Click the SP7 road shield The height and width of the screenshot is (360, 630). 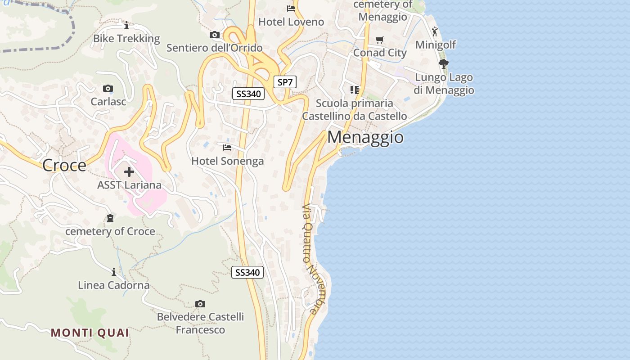(x=285, y=82)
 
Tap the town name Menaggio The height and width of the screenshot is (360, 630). (x=365, y=137)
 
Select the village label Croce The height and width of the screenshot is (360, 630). (x=64, y=166)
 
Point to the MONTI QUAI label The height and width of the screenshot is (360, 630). (x=90, y=333)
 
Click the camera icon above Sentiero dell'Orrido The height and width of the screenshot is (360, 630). (x=215, y=35)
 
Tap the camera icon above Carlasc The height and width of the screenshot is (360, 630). (x=108, y=89)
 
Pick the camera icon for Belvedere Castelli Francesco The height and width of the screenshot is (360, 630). (x=200, y=304)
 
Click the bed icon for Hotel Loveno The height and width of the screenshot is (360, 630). (x=291, y=9)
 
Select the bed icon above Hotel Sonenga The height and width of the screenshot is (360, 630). (x=227, y=148)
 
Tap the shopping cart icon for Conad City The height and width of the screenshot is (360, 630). (x=380, y=40)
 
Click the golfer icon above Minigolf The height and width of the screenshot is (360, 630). (x=435, y=31)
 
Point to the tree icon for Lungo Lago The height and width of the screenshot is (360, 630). (x=444, y=63)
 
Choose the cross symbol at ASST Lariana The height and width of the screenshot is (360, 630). (x=129, y=172)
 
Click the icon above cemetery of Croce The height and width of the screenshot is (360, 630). (x=110, y=219)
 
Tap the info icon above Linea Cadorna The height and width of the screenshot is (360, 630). (x=114, y=272)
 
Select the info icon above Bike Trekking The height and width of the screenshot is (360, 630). (x=126, y=25)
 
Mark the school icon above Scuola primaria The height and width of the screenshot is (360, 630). (x=355, y=90)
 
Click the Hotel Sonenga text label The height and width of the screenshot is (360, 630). (x=228, y=161)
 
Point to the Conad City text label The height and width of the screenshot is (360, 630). (x=380, y=53)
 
